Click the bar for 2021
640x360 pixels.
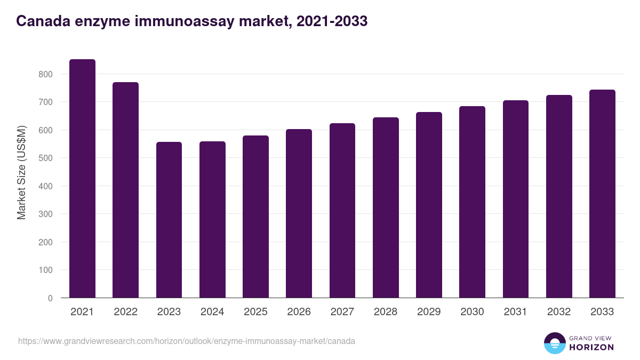pyautogui.click(x=82, y=179)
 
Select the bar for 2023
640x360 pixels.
pyautogui.click(x=169, y=220)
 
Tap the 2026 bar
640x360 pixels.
pyautogui.click(x=299, y=213)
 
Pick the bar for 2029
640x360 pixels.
pyautogui.click(x=429, y=205)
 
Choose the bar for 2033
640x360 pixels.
pyautogui.click(x=602, y=194)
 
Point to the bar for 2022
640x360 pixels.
pyautogui.click(x=125, y=190)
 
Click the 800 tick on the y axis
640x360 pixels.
pyautogui.click(x=45, y=74)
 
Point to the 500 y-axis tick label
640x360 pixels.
pyautogui.click(x=45, y=158)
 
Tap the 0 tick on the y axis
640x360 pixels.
pyautogui.click(x=50, y=298)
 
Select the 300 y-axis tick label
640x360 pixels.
pyautogui.click(x=45, y=214)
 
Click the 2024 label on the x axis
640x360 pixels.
pyautogui.click(x=212, y=312)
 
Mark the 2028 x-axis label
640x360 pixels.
pyautogui.click(x=386, y=312)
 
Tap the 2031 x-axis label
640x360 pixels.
pyautogui.click(x=515, y=312)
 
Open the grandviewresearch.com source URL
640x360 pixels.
pyautogui.click(x=187, y=341)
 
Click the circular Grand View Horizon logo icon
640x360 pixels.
pyautogui.click(x=554, y=343)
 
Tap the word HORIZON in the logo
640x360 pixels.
pyautogui.click(x=591, y=347)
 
